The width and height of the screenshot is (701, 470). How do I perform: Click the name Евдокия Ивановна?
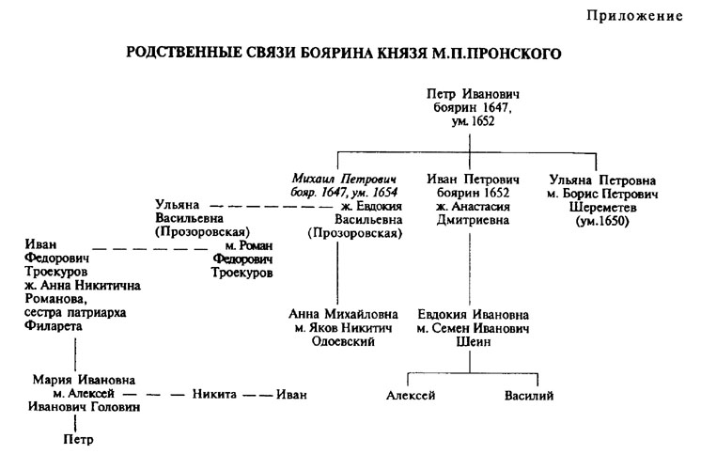point(473,315)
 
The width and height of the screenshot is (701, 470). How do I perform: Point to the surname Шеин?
point(473,343)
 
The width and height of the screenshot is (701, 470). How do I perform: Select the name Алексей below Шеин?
point(411,396)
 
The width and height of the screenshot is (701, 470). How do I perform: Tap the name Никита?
point(215,395)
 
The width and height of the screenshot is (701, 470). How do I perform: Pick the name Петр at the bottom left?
point(79,438)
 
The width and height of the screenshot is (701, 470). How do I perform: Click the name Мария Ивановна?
point(79,381)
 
